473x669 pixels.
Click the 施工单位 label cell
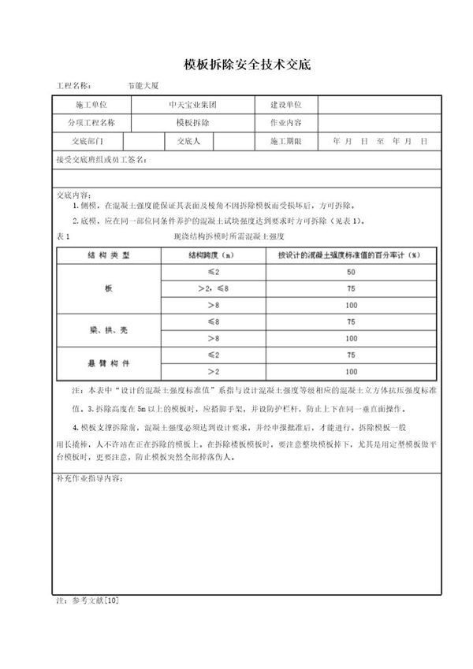pos(91,105)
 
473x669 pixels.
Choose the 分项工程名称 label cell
pos(91,123)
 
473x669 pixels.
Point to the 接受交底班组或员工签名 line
pos(102,160)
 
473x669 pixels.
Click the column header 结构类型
pos(109,255)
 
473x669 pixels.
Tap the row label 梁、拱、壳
pos(109,329)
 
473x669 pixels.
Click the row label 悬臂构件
pos(109,364)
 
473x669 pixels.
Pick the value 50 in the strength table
pos(351,272)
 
